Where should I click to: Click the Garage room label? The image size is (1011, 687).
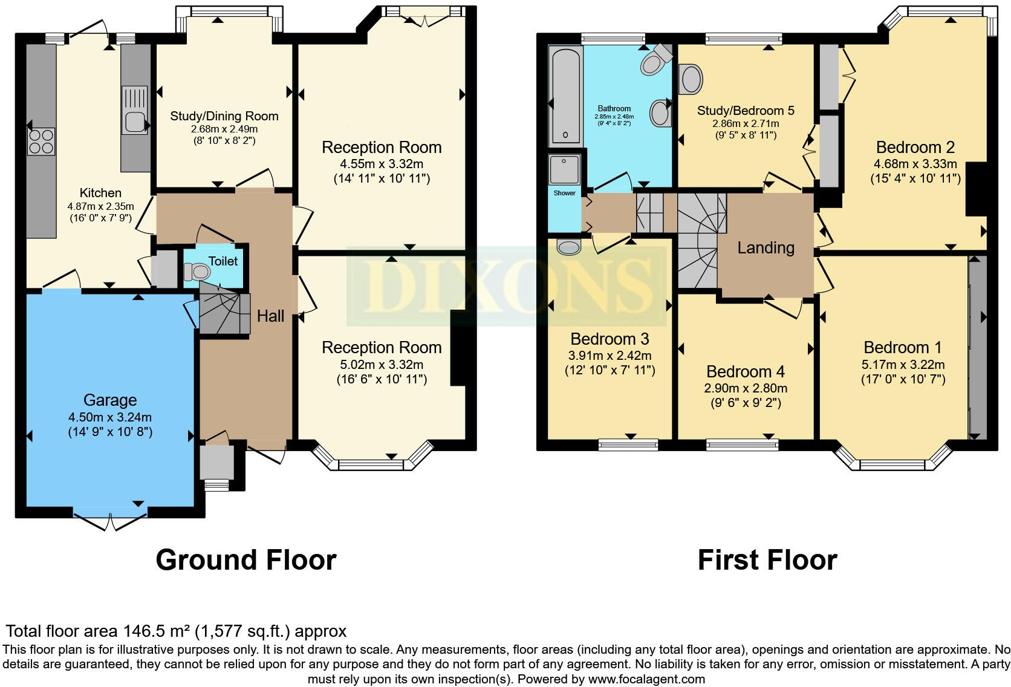coord(110,400)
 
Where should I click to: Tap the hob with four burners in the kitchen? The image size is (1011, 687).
coord(41,141)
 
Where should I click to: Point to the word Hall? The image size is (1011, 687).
coord(270,316)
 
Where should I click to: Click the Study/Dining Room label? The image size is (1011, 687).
coord(224,116)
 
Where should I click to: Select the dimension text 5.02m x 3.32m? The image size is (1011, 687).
coord(382,364)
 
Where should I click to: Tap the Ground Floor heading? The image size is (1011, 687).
coord(245,560)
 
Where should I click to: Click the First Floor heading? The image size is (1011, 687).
coord(767,560)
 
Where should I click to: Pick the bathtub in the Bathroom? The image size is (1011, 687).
coord(566,97)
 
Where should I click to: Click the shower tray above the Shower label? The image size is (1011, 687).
coord(565,169)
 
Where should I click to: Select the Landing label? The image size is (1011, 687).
coord(766,247)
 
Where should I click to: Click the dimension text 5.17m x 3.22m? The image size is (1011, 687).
coord(903,364)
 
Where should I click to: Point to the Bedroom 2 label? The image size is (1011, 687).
coord(915,147)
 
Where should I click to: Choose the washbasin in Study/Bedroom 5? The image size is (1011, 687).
coord(691,79)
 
